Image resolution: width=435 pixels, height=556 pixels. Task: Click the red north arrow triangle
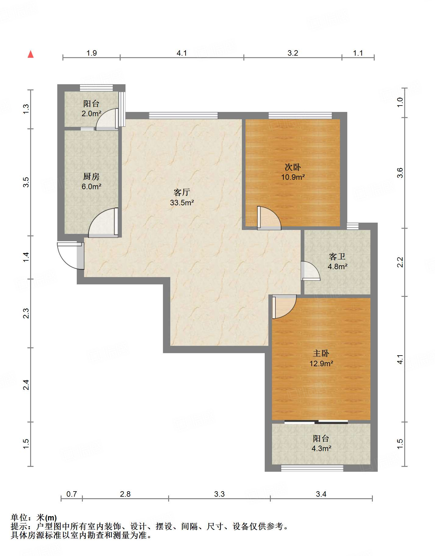(x=30, y=54)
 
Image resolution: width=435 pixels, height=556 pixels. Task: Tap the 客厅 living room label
(x=182, y=192)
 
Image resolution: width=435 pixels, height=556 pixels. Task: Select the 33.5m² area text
(x=182, y=203)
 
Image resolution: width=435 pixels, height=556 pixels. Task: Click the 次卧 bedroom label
(x=293, y=167)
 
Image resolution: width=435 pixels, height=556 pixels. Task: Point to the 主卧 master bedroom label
(x=321, y=353)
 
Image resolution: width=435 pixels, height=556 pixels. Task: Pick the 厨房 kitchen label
(x=91, y=176)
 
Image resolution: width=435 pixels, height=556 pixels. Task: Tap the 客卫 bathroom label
(x=337, y=257)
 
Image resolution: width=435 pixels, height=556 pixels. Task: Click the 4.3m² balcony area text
(x=321, y=449)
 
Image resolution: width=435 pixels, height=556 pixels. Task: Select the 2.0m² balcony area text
(x=91, y=114)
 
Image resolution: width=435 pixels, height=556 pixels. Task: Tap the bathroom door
(x=310, y=271)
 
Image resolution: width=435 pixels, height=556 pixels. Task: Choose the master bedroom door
(x=284, y=307)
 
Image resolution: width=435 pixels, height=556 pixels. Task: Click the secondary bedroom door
(x=269, y=218)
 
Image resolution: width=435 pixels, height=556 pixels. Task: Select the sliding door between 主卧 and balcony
(x=316, y=422)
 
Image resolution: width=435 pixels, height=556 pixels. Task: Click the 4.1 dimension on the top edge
(x=182, y=53)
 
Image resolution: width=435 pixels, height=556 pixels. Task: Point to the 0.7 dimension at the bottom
(x=72, y=494)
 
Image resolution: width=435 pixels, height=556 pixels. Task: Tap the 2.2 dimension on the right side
(x=400, y=262)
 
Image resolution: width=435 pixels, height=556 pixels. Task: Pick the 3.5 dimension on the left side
(x=26, y=182)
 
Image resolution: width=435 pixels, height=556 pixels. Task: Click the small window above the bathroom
(x=352, y=226)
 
